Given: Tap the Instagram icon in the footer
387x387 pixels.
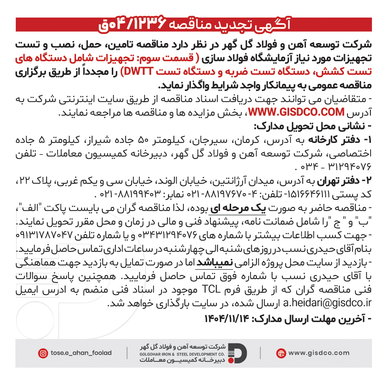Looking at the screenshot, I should point(43,353).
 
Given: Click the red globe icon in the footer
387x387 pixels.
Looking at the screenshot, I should point(281,353).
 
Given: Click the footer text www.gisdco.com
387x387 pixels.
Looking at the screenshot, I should point(319,353).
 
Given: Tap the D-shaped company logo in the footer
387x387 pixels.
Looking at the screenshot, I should point(237,353).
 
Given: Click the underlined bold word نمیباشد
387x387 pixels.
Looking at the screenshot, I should point(214,264).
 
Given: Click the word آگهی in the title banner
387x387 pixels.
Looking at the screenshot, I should point(276,25).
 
